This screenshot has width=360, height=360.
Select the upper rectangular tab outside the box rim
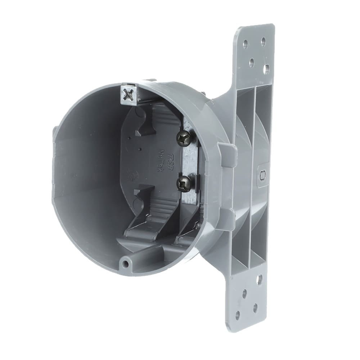pyautogui.click(x=228, y=154)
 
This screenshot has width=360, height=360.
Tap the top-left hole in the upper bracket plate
pyautogui.click(x=245, y=45)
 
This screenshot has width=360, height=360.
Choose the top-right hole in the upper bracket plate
pyautogui.click(x=263, y=41)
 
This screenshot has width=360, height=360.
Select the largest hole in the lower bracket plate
pyautogui.click(x=259, y=280)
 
